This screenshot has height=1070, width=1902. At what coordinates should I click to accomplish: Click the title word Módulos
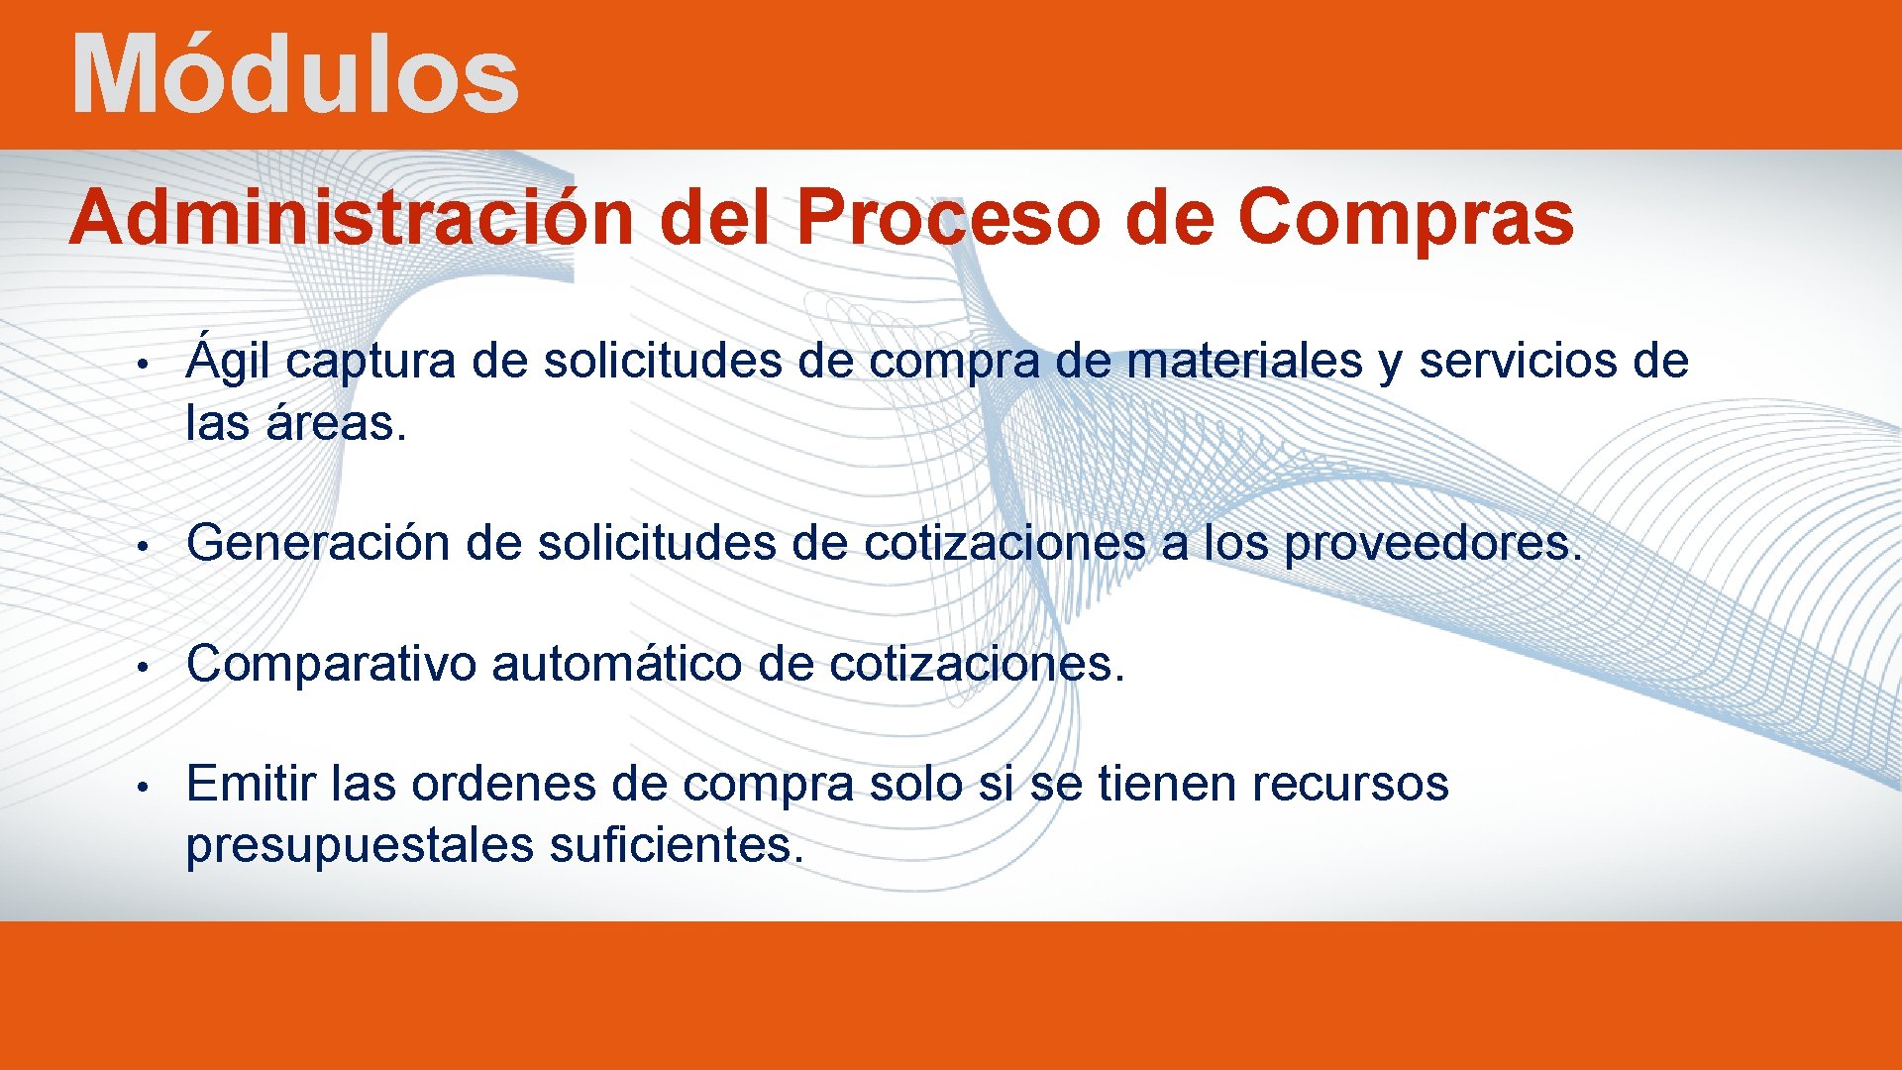295,75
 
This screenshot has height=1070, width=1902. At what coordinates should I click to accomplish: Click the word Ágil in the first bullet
228,362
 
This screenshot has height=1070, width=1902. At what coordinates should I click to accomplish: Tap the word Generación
318,543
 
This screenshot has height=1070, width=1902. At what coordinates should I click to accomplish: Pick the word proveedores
1433,543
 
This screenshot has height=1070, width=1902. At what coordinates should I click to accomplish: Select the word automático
616,664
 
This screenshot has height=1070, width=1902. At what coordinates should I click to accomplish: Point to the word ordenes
503,785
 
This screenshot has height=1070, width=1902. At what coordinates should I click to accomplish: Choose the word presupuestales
360,846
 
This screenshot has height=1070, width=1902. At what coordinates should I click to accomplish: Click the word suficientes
676,846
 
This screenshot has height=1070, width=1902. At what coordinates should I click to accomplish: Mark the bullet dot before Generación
144,546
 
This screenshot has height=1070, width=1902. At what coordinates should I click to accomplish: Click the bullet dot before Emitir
144,787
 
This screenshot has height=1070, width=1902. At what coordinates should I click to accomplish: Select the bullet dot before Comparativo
144,666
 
